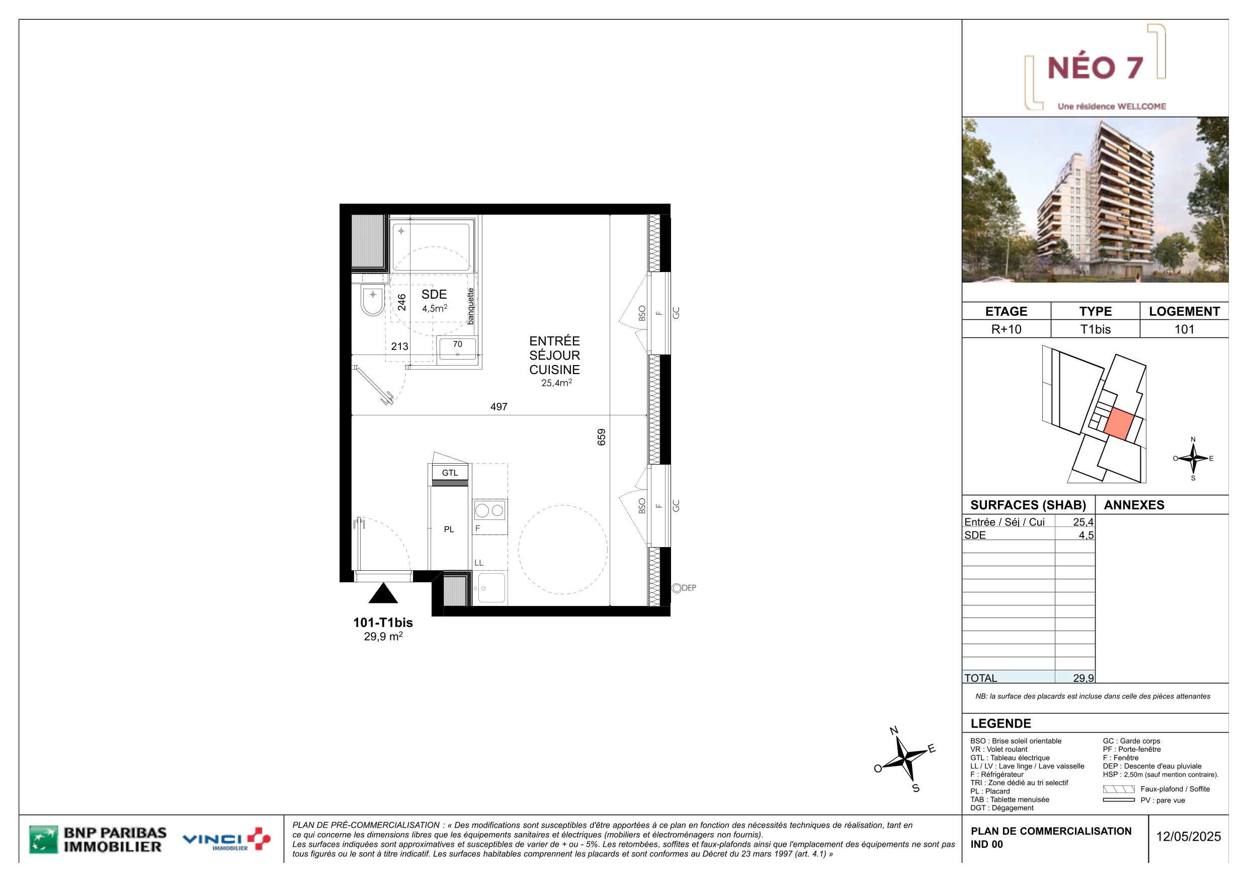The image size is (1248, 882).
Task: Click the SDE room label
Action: [434, 294]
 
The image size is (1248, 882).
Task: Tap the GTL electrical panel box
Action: [450, 473]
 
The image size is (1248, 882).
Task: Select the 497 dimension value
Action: [498, 406]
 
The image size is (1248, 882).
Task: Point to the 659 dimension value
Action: [601, 437]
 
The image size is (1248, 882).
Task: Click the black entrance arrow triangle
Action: [383, 593]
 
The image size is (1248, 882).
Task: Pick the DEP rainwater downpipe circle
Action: [677, 588]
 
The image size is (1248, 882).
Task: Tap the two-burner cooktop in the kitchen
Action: [490, 510]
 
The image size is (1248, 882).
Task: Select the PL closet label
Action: [449, 530]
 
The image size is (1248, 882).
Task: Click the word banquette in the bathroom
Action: [471, 306]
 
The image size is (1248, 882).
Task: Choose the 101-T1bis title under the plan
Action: [383, 622]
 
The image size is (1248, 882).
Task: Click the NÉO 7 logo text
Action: [1095, 67]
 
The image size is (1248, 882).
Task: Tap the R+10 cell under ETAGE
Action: [1006, 329]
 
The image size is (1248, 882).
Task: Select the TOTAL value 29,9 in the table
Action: [1083, 678]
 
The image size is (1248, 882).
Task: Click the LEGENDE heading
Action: [1001, 723]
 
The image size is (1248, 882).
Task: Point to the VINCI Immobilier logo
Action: [227, 840]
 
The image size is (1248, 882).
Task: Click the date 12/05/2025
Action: [1188, 836]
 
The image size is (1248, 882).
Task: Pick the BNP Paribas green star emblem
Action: [43, 840]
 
